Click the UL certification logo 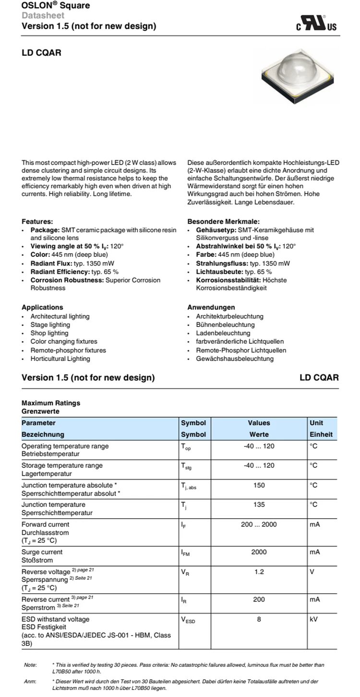pos(317,23)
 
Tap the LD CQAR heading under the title pos(42,53)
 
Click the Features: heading pos(37,221)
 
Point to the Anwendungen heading pos(211,307)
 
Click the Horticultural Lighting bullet pos(60,359)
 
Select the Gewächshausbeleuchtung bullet pos(229,359)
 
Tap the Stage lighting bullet pos(50,325)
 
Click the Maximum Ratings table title pos(51,403)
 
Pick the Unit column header pos(316,423)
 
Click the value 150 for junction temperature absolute pos(259,485)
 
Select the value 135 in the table pos(259,505)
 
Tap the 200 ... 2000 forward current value pos(259,525)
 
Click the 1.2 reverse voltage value pos(259,572)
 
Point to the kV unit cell pos(314,620)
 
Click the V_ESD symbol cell pos(188,620)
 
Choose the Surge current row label pos(42,552)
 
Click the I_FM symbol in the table pos(185,553)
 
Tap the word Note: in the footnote pos(30,665)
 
